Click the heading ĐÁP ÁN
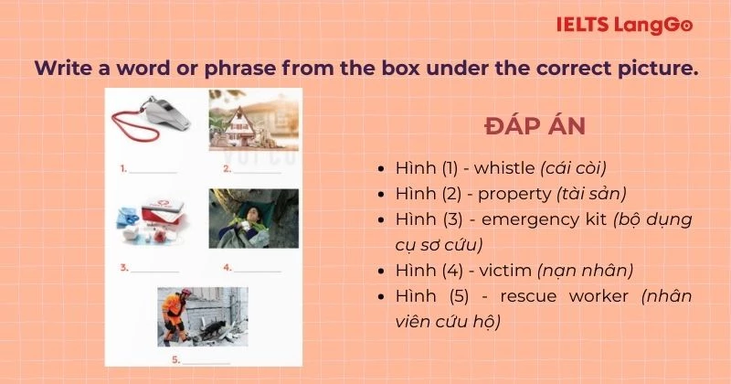click(535, 125)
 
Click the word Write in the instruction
click(62, 69)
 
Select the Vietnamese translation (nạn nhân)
click(584, 271)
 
